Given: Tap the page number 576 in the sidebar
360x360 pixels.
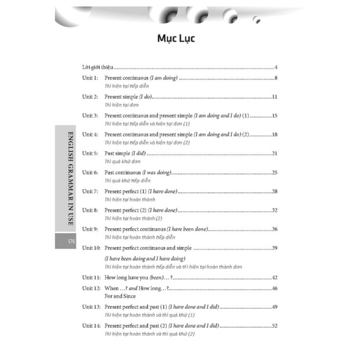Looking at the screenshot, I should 64,241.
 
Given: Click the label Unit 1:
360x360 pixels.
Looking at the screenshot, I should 91,79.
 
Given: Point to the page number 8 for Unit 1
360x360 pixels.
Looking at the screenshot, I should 275,79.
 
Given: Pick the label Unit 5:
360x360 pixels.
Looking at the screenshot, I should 91,154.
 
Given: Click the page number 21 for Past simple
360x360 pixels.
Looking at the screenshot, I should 274,154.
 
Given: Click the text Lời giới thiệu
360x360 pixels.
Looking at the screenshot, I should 98,67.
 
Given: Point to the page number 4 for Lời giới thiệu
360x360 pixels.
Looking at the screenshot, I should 275,67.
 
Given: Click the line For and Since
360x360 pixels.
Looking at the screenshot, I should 120,296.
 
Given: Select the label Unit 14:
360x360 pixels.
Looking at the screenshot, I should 93,326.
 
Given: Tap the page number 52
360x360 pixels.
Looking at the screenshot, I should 274,326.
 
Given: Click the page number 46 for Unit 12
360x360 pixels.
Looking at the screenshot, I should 274,288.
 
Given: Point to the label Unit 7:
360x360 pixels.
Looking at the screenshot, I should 91,191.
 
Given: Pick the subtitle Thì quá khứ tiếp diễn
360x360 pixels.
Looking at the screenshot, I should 127,181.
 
